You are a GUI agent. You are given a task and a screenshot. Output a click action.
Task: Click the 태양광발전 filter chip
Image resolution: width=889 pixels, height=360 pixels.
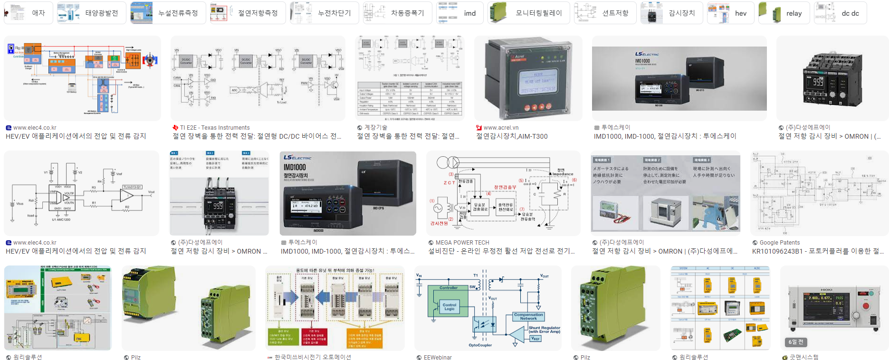[91, 13]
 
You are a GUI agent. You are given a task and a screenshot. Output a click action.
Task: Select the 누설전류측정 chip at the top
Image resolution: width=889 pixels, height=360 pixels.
[168, 13]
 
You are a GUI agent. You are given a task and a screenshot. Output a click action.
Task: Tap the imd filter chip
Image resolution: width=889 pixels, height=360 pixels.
[459, 13]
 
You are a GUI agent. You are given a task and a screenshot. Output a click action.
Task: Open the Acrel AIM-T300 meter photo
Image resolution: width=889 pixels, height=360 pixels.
[527, 78]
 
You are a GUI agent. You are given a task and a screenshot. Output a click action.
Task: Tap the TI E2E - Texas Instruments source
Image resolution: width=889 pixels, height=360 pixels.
[214, 128]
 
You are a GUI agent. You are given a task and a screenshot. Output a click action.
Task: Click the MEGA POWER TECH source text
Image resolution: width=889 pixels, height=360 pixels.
[462, 243]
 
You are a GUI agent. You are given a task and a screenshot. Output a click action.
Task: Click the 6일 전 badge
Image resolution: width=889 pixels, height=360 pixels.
[796, 342]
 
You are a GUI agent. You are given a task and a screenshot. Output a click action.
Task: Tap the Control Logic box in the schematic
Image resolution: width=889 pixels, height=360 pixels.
[449, 307]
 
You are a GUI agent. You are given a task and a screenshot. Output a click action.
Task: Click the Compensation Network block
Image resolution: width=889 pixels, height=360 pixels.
[528, 317]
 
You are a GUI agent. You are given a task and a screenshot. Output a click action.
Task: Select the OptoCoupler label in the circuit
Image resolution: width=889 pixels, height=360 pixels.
[480, 345]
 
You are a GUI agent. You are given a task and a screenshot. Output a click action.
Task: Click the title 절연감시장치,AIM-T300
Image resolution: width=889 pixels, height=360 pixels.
[512, 136]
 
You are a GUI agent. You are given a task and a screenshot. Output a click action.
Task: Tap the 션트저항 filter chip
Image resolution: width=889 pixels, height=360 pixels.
[604, 13]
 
